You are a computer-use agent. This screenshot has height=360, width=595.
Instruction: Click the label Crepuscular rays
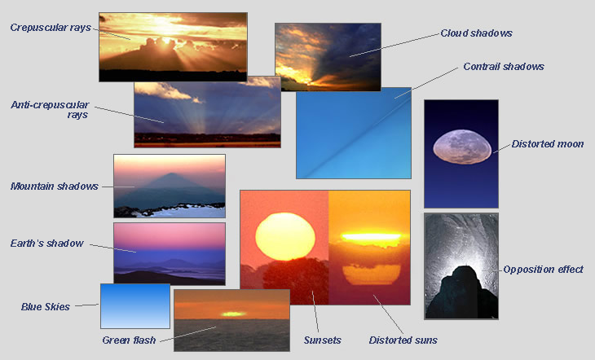point(51,28)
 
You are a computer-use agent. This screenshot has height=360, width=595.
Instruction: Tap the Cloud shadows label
point(476,33)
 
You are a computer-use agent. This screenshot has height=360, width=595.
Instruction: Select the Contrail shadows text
point(504,67)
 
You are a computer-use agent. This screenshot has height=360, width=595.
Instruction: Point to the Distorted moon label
point(548,144)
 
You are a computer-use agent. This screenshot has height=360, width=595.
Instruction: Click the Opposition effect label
point(543,270)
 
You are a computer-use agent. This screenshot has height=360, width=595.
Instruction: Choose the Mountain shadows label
point(55,187)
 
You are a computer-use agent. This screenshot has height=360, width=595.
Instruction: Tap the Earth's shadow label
point(46,244)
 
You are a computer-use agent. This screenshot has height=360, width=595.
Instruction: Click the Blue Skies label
point(46,306)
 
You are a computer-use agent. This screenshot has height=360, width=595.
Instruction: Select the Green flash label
point(129,340)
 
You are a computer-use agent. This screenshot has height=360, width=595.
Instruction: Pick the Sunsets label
point(322,340)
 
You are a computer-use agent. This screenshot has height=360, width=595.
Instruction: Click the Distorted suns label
point(403,340)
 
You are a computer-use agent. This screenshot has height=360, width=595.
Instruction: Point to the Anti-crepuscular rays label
point(50,110)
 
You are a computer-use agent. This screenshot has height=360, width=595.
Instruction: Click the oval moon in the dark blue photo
point(462,147)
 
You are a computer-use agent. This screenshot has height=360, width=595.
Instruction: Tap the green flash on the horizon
point(232,314)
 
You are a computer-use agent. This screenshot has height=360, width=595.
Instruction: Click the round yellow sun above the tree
point(285,237)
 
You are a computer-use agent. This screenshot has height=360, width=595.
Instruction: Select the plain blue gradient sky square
point(135,306)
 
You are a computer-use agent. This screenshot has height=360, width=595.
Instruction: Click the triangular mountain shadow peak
point(171,176)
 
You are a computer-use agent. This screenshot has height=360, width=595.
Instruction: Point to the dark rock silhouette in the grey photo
point(461,292)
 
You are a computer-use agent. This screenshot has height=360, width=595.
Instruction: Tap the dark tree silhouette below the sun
point(296,281)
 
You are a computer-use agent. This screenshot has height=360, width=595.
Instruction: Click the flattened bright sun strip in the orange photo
point(371,238)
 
